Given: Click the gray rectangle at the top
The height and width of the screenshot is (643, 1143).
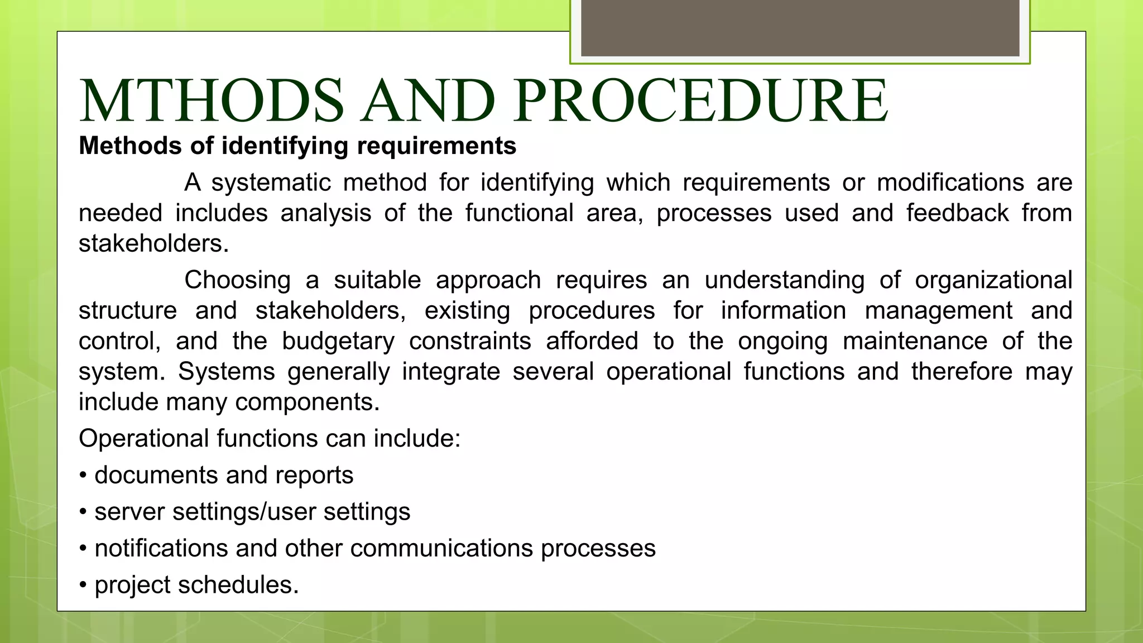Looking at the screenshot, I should [800, 28].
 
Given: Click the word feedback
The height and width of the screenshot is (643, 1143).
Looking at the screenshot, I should [957, 213].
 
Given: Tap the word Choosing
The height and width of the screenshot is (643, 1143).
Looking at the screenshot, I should [238, 280].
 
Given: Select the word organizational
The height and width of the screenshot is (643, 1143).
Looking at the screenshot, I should [993, 280].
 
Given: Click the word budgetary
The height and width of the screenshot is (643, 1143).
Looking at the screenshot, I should [338, 341].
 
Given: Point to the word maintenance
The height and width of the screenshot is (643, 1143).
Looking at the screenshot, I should [915, 341].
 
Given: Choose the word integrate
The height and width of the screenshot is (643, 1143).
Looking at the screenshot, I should [451, 372].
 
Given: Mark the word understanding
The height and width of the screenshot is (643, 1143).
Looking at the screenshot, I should [784, 280].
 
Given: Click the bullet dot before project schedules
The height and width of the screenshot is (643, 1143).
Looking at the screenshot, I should [83, 586].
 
